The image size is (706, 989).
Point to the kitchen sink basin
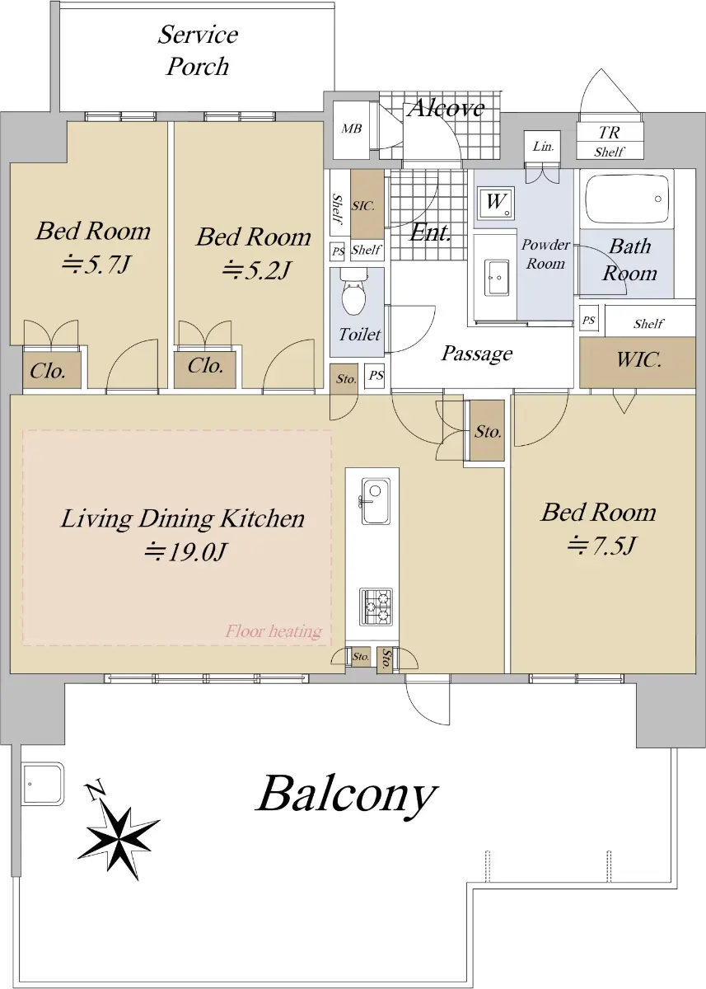coord(376,501)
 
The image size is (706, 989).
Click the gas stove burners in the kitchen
coord(376,607)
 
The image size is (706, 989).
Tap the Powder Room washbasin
coord(497,277)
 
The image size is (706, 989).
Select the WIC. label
coord(638,360)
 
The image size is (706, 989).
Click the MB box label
coord(351,129)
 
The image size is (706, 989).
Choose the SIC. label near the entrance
coord(363,206)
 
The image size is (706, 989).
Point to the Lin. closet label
coord(543,146)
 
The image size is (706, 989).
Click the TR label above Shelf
coord(609,132)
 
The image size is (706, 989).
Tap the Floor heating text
coord(274,632)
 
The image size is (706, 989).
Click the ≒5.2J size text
coord(256,270)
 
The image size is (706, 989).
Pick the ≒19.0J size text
coord(185,551)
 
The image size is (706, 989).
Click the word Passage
coord(477,354)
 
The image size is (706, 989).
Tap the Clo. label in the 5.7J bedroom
coord(48,371)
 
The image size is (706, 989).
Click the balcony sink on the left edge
coord(43,784)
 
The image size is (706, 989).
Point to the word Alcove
coord(447,108)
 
